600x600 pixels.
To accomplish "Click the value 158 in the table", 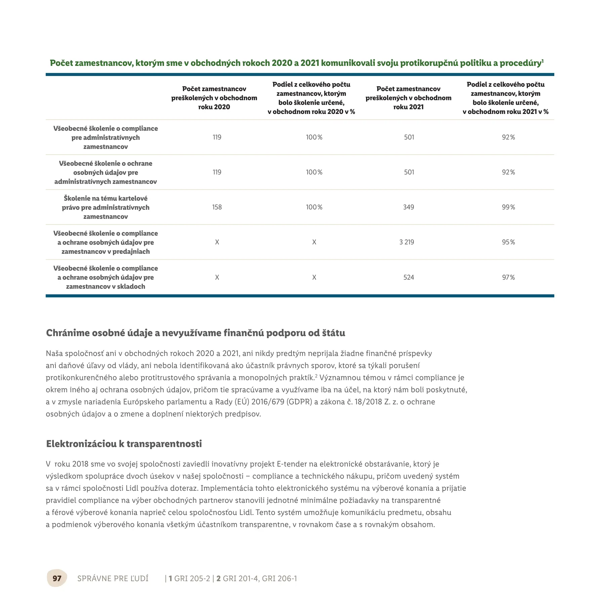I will pyautogui.click(x=217, y=207).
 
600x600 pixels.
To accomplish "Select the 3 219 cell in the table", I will pyautogui.click(x=407, y=242).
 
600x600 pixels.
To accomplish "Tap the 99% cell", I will pyautogui.click(x=508, y=207).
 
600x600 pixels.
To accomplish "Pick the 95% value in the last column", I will pyautogui.click(x=508, y=242).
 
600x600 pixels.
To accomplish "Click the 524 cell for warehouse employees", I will pyautogui.click(x=409, y=277).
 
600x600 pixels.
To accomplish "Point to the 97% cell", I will pyautogui.click(x=508, y=277).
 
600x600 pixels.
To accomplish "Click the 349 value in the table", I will pyautogui.click(x=409, y=207).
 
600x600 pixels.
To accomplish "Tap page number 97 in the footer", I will pyautogui.click(x=57, y=578).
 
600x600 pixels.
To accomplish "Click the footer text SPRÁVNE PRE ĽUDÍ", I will pyautogui.click(x=113, y=578).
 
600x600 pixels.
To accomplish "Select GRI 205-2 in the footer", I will pyautogui.click(x=192, y=578).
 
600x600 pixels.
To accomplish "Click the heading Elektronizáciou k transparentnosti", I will pyautogui.click(x=124, y=444).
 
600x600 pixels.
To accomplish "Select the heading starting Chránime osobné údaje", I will pyautogui.click(x=195, y=333).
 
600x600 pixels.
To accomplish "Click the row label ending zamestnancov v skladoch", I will pyautogui.click(x=106, y=277).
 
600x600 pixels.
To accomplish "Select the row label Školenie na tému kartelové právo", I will pyautogui.click(x=106, y=207).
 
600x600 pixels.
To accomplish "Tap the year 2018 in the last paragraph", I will pyautogui.click(x=80, y=464).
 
